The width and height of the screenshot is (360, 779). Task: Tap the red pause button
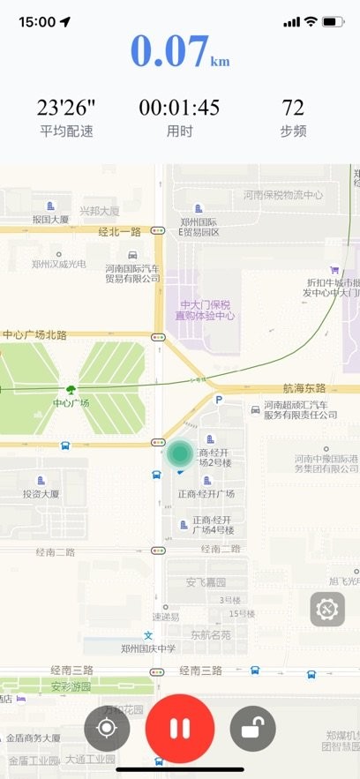click(180, 729)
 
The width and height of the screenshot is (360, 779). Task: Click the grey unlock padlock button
click(252, 729)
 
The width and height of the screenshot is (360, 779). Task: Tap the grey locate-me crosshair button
click(108, 729)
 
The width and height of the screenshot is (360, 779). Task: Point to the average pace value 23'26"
click(66, 108)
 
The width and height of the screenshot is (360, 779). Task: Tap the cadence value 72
click(293, 108)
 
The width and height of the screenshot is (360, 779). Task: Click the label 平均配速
click(66, 131)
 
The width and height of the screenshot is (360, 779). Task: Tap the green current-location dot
click(180, 453)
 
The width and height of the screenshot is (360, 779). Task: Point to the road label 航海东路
click(304, 388)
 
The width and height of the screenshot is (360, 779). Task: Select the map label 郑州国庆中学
click(148, 648)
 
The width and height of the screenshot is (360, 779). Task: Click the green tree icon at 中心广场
click(70, 389)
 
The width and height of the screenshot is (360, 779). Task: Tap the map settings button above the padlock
click(327, 609)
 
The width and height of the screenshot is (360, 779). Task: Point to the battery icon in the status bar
click(333, 21)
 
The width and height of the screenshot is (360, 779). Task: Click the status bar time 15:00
click(37, 21)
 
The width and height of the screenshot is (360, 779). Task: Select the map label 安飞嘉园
click(206, 582)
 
